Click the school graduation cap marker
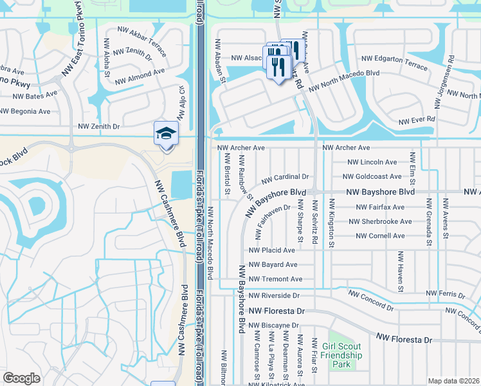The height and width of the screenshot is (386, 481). [165, 134]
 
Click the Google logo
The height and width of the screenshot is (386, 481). [22, 378]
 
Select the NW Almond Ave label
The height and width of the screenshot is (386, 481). [140, 76]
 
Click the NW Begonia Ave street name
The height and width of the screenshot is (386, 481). [25, 111]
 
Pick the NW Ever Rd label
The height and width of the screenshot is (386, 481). [417, 120]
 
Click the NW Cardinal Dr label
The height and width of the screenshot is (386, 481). [285, 176]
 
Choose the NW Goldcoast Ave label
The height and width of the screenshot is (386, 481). [372, 176]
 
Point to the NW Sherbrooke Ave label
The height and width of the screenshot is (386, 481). [380, 221]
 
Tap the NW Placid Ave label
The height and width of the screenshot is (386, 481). [271, 250]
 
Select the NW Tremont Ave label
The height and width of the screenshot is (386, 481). [275, 279]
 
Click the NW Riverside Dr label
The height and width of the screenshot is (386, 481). [273, 295]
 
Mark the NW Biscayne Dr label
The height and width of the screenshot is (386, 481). [273, 326]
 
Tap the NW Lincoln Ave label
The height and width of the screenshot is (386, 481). [372, 162]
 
